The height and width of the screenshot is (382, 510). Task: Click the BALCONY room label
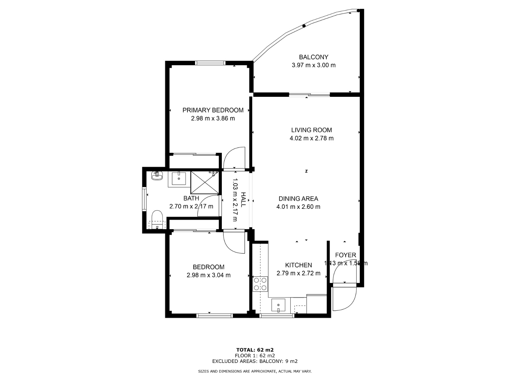[313, 57]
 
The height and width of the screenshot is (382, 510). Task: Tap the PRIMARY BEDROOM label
[213, 110]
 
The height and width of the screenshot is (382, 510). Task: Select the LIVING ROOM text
[311, 130]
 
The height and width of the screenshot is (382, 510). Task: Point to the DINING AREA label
[298, 199]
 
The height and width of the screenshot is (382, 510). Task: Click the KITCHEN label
[298, 265]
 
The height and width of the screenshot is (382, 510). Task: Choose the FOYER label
[346, 255]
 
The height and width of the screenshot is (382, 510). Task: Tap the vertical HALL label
[243, 200]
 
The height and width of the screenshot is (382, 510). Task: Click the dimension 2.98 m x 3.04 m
[208, 275]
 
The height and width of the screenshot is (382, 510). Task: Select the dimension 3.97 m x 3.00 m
[313, 65]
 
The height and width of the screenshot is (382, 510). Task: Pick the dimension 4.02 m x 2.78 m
[311, 138]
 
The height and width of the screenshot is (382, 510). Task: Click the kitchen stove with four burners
[260, 284]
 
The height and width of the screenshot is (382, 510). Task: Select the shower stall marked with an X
[204, 182]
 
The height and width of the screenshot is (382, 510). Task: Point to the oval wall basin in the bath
[157, 176]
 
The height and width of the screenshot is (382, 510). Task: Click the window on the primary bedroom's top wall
[210, 63]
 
